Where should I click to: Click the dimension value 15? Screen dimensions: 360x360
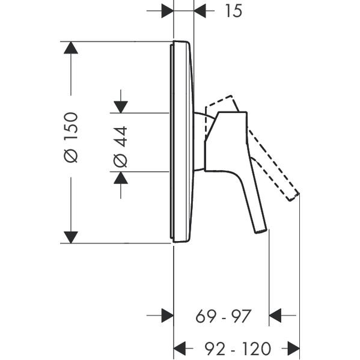(234, 11)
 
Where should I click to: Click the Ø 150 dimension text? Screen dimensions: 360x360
(71, 137)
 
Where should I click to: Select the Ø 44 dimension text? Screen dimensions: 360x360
(121, 147)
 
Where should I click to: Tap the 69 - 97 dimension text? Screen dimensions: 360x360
(223, 316)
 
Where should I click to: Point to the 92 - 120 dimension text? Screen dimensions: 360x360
(238, 349)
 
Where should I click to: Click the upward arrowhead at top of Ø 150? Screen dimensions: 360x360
(71, 47)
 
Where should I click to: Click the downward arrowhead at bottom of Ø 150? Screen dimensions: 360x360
(71, 237)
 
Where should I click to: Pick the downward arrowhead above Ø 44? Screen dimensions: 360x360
(121, 107)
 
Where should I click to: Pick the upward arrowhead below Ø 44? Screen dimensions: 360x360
(121, 178)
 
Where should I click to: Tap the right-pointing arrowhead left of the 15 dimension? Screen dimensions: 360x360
(167, 11)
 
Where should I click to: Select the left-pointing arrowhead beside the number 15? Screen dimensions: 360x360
(200, 11)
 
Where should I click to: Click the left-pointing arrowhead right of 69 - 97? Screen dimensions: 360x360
(275, 316)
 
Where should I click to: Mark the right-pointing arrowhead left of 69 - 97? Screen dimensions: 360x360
(167, 316)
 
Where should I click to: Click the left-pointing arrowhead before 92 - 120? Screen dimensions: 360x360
(180, 349)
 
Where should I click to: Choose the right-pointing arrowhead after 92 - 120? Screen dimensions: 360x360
(294, 349)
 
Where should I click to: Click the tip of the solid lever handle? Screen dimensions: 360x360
(261, 231)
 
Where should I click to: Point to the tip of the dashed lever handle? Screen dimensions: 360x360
(294, 197)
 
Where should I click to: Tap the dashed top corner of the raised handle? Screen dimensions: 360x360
(231, 96)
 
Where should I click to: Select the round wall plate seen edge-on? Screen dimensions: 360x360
(182, 142)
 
